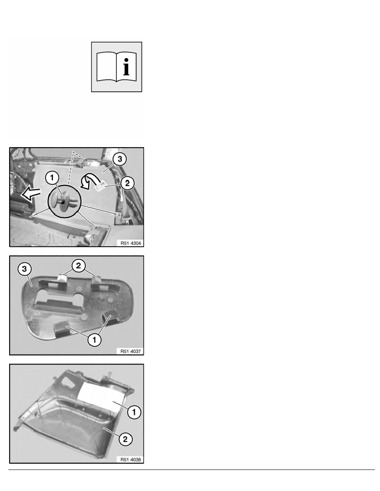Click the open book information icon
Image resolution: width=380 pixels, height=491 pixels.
(116, 67)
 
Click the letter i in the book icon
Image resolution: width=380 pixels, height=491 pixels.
(126, 67)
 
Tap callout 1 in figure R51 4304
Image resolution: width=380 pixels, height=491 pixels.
(52, 178)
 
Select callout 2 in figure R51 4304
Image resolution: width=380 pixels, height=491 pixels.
(127, 183)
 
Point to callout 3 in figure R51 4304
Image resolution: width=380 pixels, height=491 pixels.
(120, 159)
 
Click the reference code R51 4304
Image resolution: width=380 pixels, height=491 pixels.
(131, 243)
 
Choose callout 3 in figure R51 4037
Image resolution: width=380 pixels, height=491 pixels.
(25, 269)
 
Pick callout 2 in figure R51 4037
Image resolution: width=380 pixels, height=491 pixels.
(78, 265)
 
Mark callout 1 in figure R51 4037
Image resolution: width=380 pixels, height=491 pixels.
(94, 339)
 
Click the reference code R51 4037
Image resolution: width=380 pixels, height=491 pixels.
(131, 351)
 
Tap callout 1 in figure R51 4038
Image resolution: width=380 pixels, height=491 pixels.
(134, 412)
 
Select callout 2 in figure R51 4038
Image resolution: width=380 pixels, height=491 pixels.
(125, 439)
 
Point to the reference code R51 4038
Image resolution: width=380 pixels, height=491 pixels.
(131, 460)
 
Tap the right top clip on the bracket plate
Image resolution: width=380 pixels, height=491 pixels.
(98, 279)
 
